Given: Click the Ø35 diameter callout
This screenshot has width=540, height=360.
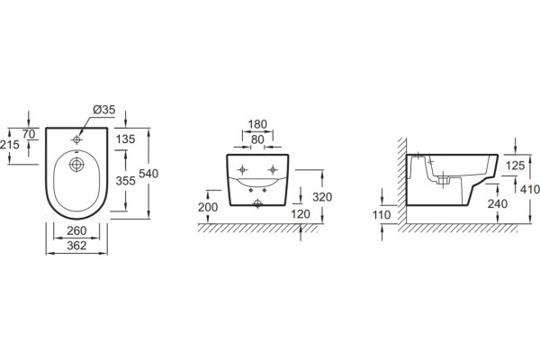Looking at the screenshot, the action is tap(104, 110).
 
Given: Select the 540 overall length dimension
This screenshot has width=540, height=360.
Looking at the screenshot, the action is tap(148, 174).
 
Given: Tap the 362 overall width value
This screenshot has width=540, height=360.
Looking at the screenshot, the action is tap(76, 246).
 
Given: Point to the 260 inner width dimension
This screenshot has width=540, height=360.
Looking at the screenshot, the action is tap(76, 230).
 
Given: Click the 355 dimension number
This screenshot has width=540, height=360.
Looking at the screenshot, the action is tap(126, 181).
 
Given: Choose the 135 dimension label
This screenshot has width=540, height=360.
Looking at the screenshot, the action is tap(126, 139).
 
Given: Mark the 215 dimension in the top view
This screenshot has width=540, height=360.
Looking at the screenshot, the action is tap(9, 145).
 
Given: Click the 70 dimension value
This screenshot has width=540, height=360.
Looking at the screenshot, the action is tap(29, 134).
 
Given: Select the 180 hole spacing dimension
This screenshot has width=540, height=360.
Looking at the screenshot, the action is tap(257, 124).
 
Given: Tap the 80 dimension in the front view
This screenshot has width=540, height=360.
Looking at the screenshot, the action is tap(257, 139).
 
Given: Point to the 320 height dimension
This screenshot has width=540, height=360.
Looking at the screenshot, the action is tap(322, 197).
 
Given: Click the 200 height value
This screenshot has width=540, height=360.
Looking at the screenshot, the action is tap(208, 207).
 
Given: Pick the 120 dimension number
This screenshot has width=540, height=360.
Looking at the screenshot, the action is tap(301, 214).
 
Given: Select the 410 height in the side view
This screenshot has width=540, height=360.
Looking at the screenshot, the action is tap(530, 189).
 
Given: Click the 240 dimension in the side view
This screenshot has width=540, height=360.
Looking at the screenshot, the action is tap(498, 204).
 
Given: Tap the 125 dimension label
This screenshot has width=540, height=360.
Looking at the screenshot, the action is tap(515, 166).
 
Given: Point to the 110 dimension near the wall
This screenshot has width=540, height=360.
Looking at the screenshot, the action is tap(382, 215).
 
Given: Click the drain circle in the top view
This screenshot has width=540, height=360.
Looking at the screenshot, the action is tap(76, 165).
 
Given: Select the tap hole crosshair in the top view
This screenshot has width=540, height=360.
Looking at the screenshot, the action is tap(76, 139).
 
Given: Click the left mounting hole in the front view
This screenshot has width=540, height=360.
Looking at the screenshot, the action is tap(242, 169).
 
